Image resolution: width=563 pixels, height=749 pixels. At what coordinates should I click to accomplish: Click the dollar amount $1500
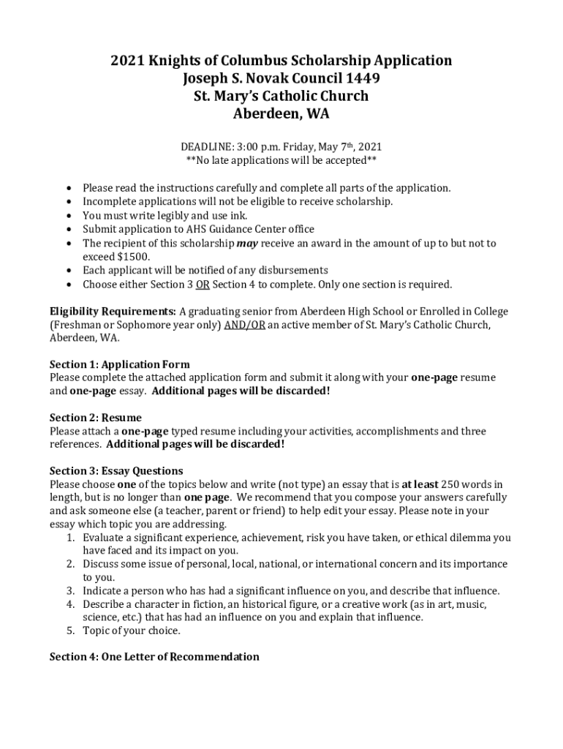coord(134,257)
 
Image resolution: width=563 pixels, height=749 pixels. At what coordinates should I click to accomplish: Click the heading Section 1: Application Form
coord(119,364)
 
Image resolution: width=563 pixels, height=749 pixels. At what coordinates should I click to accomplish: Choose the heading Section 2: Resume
coord(95,418)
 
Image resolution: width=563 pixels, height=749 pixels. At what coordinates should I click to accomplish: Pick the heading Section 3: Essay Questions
coord(116,470)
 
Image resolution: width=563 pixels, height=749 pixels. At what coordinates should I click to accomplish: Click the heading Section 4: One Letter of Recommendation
coord(154,657)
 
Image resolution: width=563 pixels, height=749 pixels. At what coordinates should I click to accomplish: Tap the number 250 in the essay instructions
coord(451,484)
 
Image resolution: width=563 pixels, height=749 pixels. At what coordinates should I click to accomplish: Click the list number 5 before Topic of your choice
coord(71,631)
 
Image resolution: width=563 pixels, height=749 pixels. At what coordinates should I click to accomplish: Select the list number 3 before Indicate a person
coord(71,590)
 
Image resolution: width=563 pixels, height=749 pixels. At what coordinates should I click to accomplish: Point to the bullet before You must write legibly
coord(69,216)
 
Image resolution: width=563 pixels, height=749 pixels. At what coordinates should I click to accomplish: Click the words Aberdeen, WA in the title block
coord(281,114)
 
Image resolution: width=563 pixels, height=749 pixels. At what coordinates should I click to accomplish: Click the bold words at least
coord(420,484)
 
